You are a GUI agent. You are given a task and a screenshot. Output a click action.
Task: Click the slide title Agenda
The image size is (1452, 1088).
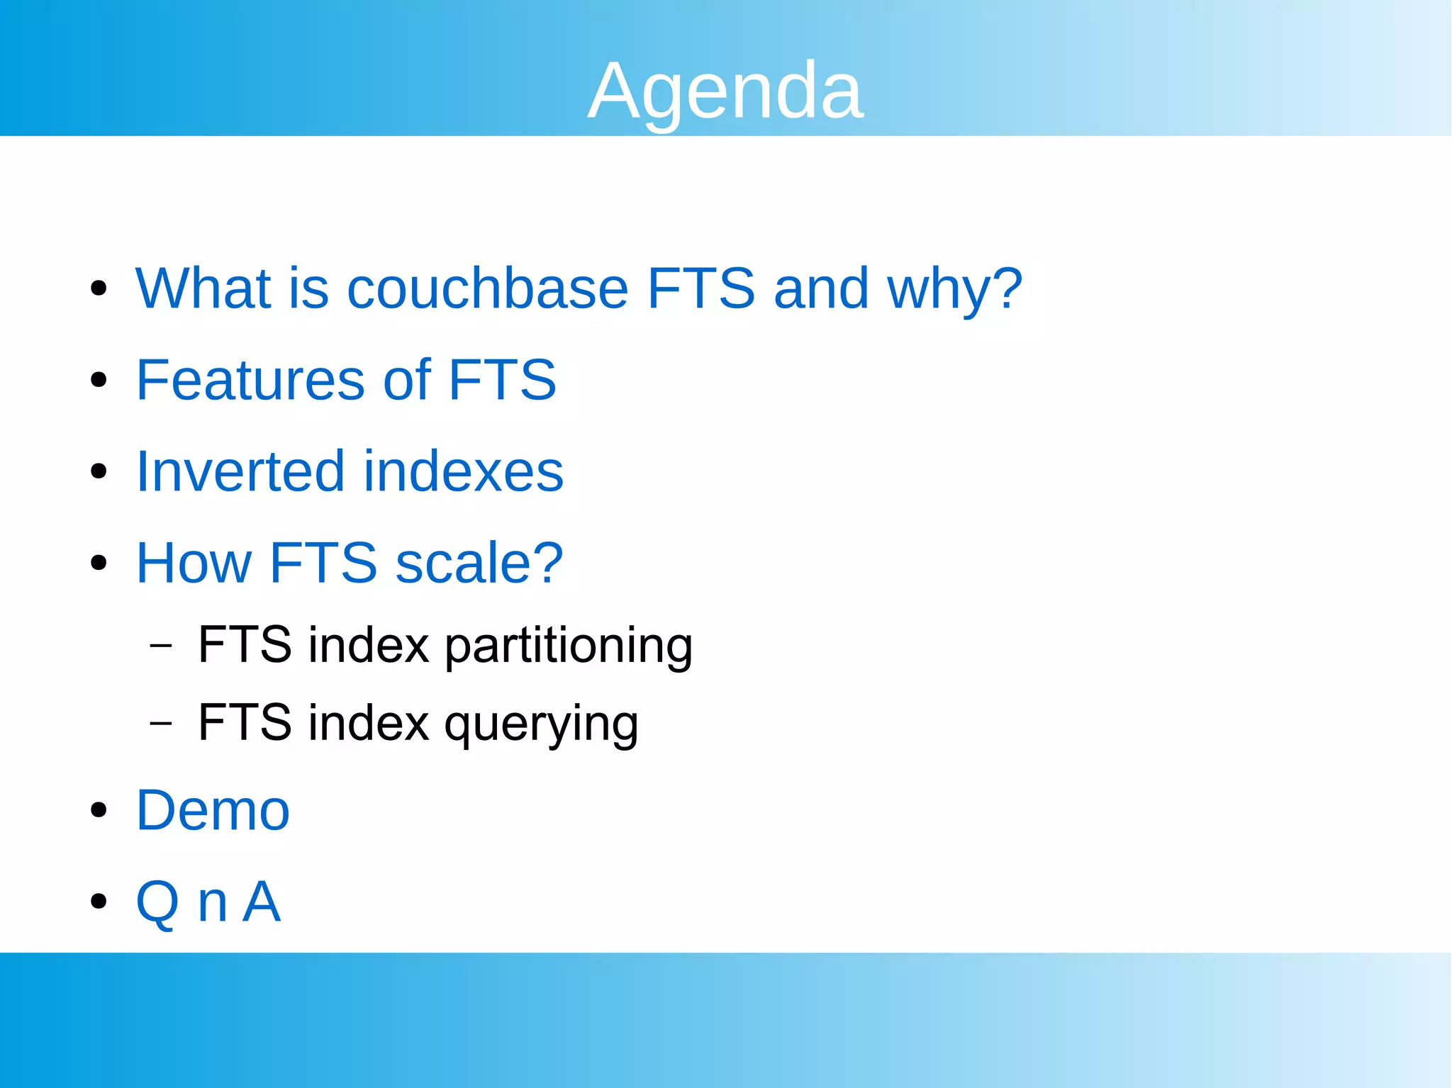tap(725, 91)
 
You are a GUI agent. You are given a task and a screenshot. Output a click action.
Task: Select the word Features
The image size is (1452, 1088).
tap(250, 380)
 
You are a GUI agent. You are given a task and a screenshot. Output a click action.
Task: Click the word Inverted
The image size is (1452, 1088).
tap(240, 471)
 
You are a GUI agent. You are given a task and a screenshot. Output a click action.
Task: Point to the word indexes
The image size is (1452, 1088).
tap(464, 471)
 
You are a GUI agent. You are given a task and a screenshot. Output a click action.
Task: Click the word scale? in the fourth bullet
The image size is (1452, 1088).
tap(479, 563)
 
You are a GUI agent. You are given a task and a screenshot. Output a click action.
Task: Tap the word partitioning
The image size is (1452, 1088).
tap(568, 646)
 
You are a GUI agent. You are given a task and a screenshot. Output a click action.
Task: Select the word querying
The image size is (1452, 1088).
tap(541, 724)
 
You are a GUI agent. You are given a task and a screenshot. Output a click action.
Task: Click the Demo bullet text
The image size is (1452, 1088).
tap(213, 810)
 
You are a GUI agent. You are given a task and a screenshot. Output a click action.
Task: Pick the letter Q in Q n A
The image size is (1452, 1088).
tap(157, 902)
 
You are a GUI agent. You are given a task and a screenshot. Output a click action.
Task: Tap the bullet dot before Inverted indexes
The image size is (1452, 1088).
tap(99, 471)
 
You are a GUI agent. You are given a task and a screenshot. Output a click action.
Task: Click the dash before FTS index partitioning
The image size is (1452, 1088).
tap(162, 646)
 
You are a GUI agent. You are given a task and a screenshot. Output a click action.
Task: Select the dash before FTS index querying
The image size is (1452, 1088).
tap(162, 724)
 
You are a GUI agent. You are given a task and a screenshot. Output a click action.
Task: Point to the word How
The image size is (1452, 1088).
tap(194, 563)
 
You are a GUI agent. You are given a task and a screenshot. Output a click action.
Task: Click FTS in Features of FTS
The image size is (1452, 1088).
tap(502, 380)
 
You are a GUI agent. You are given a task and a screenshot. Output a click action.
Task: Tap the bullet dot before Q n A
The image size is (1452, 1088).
tap(99, 902)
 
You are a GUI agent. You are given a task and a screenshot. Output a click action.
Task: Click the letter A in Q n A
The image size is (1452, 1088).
tap(262, 902)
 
